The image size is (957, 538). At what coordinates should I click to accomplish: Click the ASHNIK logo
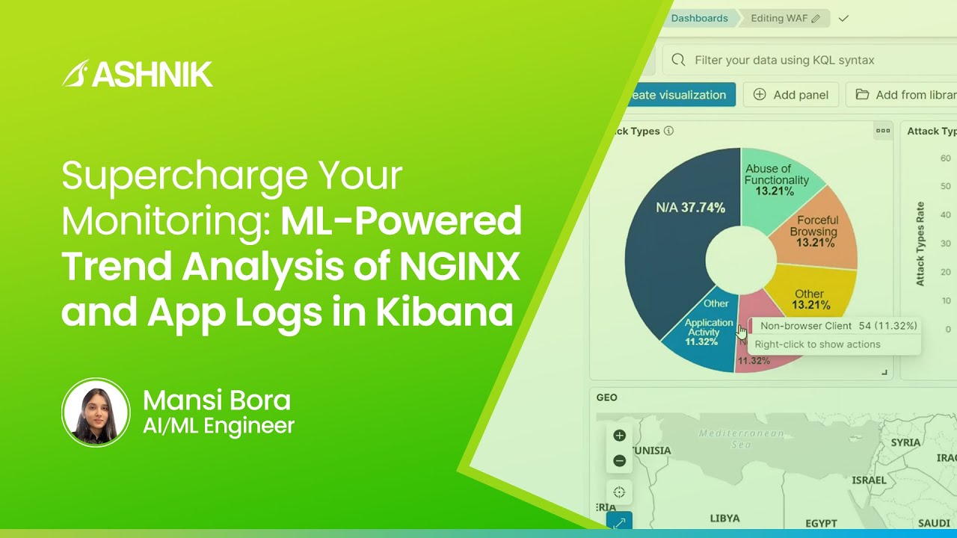pyautogui.click(x=138, y=74)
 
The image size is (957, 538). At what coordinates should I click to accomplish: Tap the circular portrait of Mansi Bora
pyautogui.click(x=96, y=412)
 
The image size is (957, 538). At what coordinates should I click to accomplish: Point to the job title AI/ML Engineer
pyautogui.click(x=218, y=426)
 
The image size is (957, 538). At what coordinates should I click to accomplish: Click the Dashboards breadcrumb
pyautogui.click(x=698, y=19)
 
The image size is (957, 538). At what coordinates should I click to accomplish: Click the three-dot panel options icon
pyautogui.click(x=883, y=131)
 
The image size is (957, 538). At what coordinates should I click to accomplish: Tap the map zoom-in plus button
pyautogui.click(x=619, y=436)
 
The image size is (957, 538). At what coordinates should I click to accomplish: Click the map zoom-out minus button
pyautogui.click(x=619, y=461)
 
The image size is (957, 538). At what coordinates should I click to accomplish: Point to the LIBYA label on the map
pyautogui.click(x=724, y=519)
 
